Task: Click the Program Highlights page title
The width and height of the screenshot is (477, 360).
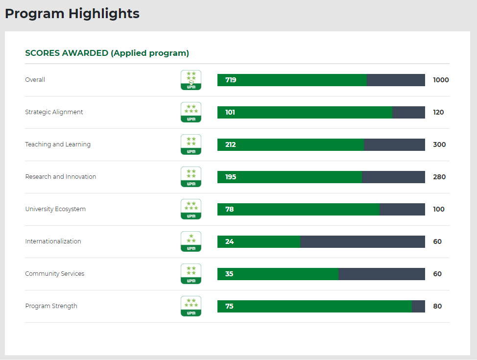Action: tap(72, 14)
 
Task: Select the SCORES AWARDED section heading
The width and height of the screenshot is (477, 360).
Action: tap(107, 53)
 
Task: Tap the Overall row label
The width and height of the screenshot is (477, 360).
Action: tap(35, 80)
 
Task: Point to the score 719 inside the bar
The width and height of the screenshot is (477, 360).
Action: tap(231, 80)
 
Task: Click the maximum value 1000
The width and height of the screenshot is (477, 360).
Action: tap(441, 80)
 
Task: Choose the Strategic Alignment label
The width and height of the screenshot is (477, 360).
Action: tap(54, 112)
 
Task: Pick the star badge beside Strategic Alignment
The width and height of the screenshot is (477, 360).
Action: tap(191, 112)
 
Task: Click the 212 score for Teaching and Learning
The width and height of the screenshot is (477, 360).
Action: tap(231, 144)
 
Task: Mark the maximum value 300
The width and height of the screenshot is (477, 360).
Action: tap(439, 144)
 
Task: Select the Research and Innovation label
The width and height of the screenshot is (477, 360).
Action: tap(61, 177)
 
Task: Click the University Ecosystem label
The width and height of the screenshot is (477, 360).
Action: tap(55, 209)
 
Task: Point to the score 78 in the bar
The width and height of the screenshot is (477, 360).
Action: tap(230, 209)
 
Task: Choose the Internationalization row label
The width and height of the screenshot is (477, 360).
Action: tap(53, 241)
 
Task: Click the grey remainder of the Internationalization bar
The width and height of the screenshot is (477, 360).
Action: tap(362, 241)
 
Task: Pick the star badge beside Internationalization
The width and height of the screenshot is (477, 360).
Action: tap(191, 241)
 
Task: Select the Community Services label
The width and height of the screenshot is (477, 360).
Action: tap(55, 274)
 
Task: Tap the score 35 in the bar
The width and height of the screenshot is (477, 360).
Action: tap(229, 274)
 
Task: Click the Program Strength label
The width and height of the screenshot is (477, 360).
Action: tap(51, 306)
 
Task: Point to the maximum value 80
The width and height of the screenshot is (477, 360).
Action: tap(437, 306)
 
